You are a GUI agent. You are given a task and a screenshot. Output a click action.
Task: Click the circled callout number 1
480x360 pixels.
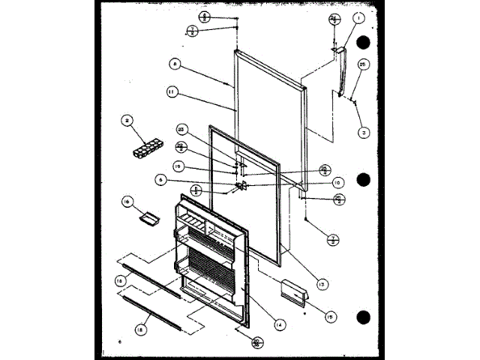(359, 17)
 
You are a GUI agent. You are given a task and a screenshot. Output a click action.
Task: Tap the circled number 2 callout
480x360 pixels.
(128, 119)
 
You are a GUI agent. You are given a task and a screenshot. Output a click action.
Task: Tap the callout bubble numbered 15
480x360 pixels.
(328, 317)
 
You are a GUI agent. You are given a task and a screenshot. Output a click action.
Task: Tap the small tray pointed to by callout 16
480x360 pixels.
(148, 218)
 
